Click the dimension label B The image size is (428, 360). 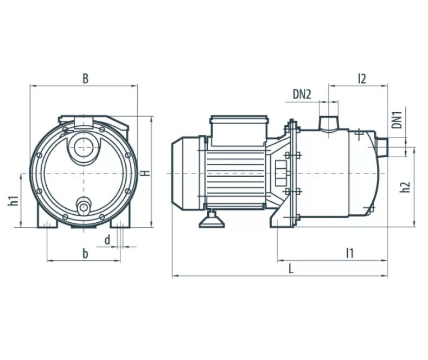click(85, 79)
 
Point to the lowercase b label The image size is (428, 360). click(85, 253)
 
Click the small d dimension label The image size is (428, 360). click(107, 240)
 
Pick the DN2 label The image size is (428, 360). click(302, 94)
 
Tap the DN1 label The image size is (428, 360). click(397, 119)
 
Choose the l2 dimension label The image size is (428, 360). click(362, 79)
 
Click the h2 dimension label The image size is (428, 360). click(405, 187)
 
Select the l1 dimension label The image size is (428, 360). click(350, 253)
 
